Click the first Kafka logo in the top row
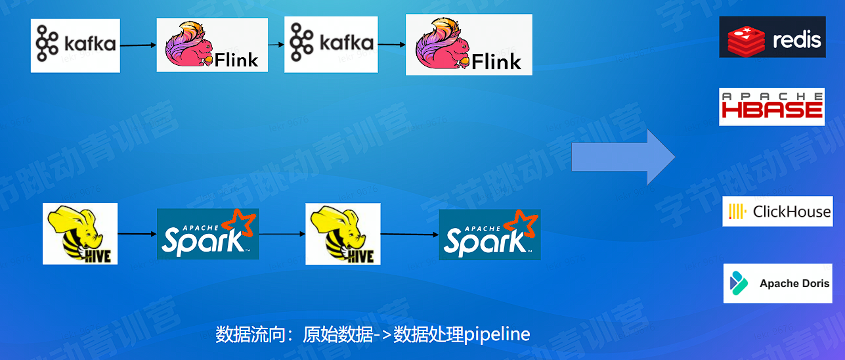coord(76,45)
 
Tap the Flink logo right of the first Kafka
coord(212,45)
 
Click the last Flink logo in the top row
coord(469,45)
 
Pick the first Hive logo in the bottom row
coord(80,234)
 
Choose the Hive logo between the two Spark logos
coord(343,234)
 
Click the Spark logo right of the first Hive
coord(207,234)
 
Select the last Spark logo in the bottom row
coord(490,234)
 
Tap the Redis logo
coord(772,37)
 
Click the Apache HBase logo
coord(771,106)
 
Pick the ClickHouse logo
coord(777,212)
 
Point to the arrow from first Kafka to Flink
coord(138,45)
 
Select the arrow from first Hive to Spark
coord(137,233)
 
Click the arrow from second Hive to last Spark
coord(409,234)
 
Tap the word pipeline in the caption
coord(497,334)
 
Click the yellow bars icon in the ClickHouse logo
coord(737,212)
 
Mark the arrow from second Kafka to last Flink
coord(391,45)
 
